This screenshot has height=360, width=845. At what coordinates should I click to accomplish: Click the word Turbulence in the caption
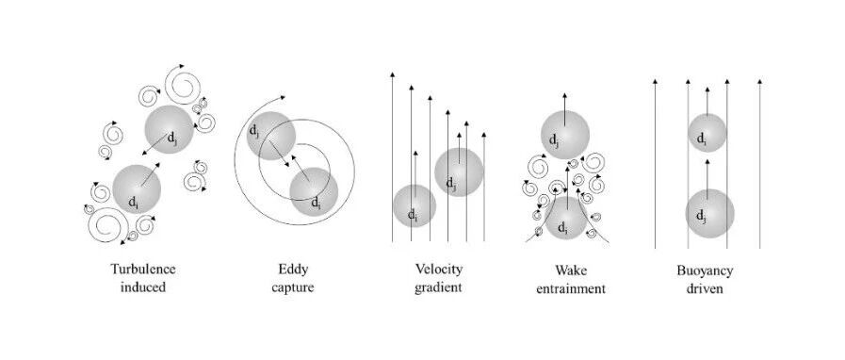pos(143,270)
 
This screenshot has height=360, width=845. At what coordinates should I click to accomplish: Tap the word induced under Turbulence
pos(143,287)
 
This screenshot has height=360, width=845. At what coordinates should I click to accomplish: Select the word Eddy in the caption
pos(293,270)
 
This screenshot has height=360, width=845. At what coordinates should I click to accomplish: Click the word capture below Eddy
pos(293,288)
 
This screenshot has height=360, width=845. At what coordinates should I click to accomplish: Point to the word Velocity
pos(439,270)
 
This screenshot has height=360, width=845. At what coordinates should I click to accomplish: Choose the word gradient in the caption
pos(438,287)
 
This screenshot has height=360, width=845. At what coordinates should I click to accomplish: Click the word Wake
pos(571,270)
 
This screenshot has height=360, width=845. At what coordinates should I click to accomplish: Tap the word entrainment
pos(571,289)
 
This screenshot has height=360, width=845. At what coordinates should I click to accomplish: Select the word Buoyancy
pos(705,270)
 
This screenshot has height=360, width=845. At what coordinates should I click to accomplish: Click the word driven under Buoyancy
pos(705,289)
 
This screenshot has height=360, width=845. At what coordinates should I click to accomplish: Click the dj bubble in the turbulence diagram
pos(169,129)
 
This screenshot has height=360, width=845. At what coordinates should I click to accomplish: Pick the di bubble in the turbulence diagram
pos(137,189)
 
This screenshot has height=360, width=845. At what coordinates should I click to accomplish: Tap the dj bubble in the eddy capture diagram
pos(271,136)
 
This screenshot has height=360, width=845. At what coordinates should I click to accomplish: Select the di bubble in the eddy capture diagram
pos(314,191)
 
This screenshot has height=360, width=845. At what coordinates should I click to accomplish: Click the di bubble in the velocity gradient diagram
pos(414,205)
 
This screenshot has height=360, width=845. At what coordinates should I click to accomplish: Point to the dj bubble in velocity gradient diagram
pos(459,172)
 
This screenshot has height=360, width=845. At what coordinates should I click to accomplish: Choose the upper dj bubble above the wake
pos(565,135)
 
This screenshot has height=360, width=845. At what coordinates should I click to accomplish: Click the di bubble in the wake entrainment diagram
pos(566,217)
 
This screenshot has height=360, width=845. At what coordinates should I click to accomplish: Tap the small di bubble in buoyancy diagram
pos(707,133)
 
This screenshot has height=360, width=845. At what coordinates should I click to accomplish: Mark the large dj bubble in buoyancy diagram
pos(709,213)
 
